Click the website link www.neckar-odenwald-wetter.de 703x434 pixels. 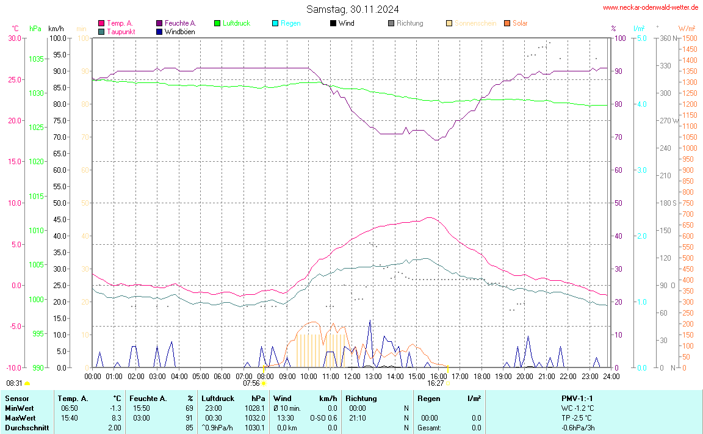click(x=651, y=7)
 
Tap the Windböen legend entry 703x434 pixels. click(x=180, y=31)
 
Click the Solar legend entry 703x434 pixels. click(x=519, y=23)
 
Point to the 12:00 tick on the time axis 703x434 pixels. click(x=351, y=376)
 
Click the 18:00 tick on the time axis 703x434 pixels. click(x=481, y=376)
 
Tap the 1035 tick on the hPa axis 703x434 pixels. click(x=36, y=59)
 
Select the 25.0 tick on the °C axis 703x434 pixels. click(x=13, y=79)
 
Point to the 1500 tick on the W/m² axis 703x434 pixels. click(x=690, y=38)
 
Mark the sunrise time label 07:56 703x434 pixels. click(x=251, y=383)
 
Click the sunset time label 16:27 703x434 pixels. click(x=435, y=383)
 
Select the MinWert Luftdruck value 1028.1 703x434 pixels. click(x=254, y=408)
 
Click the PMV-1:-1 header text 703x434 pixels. click(x=577, y=399)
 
